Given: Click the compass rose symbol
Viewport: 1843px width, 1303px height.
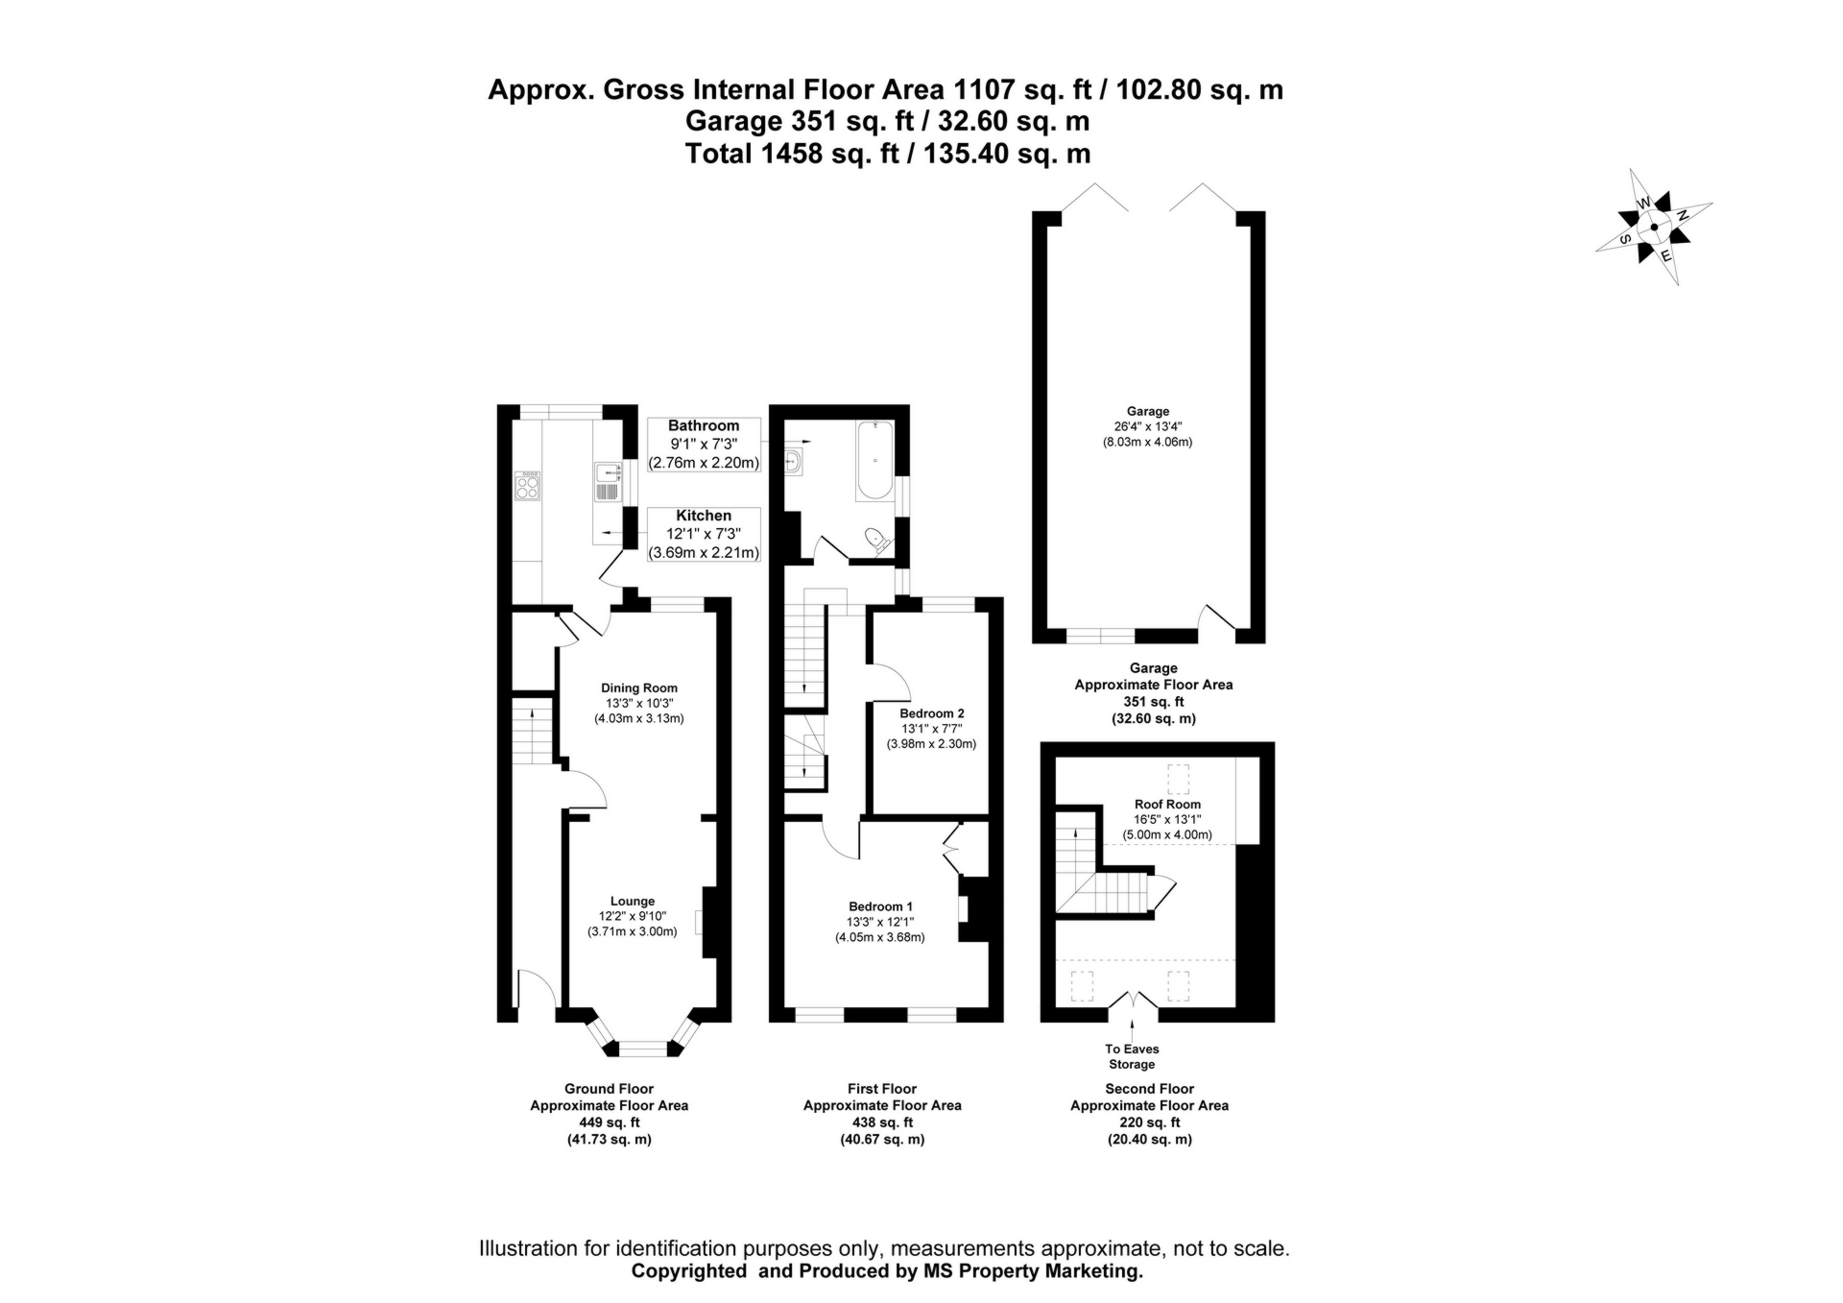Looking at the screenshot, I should point(1654,228).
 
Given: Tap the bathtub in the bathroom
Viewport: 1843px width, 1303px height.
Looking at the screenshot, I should point(874,460).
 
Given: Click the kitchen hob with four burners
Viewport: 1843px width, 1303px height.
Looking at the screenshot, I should point(527,485).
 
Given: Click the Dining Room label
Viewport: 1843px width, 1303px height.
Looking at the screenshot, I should point(639,688).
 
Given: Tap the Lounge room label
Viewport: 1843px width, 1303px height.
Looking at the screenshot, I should point(632,901).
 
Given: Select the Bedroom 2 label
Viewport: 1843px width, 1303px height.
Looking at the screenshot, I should point(931,713).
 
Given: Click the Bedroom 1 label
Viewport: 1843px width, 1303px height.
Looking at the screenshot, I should point(880,906).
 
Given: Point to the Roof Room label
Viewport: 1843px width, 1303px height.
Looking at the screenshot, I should point(1167,805).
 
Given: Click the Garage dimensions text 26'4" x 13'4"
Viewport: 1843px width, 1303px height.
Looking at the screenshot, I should point(1147,427).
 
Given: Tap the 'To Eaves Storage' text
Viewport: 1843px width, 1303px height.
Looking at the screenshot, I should point(1132,1056).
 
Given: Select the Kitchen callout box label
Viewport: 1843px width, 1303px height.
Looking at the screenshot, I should point(704,517).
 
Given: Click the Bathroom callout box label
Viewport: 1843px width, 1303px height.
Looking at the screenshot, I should point(704,426).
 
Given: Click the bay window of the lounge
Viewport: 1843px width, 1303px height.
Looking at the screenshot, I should point(642,1048).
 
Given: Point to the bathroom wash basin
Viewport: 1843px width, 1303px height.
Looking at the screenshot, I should point(794,463).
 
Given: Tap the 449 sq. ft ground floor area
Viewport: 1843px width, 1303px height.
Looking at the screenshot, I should point(609,1122).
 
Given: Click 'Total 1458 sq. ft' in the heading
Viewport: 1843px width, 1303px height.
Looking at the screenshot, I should point(792,154).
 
